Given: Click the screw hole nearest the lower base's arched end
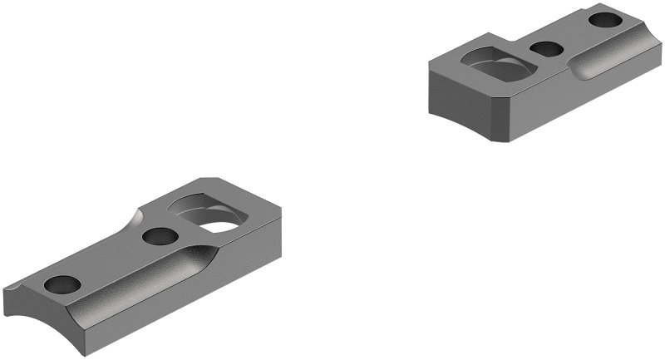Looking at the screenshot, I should tap(63, 284).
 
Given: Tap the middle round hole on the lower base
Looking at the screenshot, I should tap(160, 236).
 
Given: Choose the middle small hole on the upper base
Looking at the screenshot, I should tap(546, 49).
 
